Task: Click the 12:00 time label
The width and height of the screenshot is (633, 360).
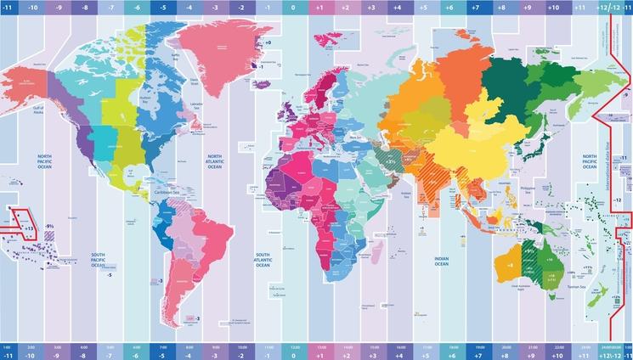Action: pos(293,346)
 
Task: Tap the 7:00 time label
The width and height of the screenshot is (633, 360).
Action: pos(161,346)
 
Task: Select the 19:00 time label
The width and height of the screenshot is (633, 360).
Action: pos(481,346)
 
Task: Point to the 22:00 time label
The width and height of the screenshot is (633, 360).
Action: pos(559,346)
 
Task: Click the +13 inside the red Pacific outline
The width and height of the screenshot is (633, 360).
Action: pos(29,229)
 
